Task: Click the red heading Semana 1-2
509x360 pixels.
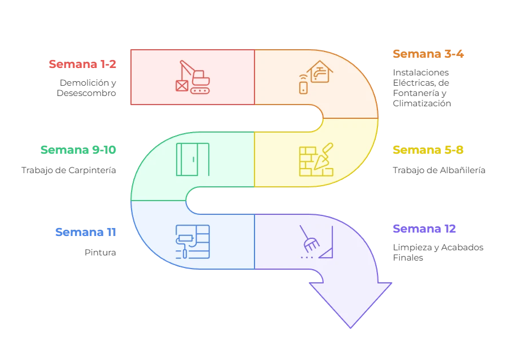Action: (x=83, y=64)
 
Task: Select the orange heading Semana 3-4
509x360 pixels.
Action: (x=428, y=54)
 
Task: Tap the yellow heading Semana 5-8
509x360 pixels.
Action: (x=428, y=150)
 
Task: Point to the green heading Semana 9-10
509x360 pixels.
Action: (x=78, y=150)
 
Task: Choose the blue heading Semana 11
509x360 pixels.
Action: (x=86, y=232)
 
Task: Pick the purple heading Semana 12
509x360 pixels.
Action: (x=424, y=229)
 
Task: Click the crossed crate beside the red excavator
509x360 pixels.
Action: (x=182, y=86)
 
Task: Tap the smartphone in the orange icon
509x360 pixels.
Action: (x=303, y=87)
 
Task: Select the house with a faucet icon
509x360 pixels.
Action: (x=320, y=72)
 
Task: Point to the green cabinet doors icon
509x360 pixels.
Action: (x=193, y=159)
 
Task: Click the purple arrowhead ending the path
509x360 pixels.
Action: (x=350, y=303)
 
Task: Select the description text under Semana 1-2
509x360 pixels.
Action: (x=87, y=87)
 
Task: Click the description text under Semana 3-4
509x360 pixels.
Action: (x=422, y=89)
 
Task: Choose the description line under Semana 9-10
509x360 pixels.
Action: (x=69, y=170)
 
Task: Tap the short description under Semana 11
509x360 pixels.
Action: (x=101, y=251)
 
